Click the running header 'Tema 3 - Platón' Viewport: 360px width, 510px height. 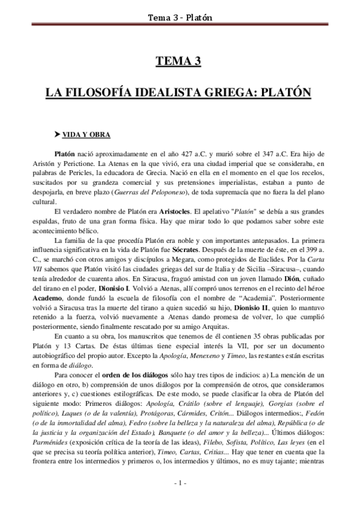[180, 7]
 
